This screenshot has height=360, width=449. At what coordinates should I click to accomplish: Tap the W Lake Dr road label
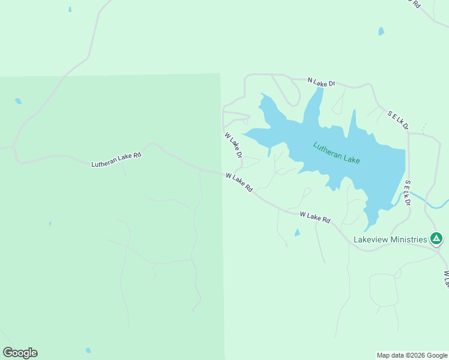[x=233, y=145]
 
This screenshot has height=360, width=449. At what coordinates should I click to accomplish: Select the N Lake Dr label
[x=321, y=82]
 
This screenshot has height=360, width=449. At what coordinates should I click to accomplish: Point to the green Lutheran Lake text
[x=336, y=152]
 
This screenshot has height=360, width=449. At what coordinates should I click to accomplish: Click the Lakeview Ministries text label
[x=390, y=239]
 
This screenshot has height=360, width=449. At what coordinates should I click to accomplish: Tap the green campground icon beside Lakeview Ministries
[x=437, y=239]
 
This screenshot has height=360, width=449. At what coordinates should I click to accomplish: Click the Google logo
[x=20, y=353]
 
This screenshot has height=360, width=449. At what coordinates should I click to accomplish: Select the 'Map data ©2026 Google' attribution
[x=412, y=355]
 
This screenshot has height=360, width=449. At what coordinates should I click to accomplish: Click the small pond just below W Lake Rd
[x=297, y=233]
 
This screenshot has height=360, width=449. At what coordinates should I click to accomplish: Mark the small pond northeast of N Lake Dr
[x=381, y=31]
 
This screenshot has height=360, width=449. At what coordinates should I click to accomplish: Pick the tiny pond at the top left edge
[x=70, y=10]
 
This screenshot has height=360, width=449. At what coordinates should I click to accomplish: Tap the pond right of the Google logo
[x=88, y=350]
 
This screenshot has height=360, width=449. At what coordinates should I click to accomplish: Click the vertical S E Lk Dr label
[x=407, y=193]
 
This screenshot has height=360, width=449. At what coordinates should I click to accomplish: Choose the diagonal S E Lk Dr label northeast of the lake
[x=397, y=120]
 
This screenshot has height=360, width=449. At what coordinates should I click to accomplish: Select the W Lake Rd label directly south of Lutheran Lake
[x=315, y=217]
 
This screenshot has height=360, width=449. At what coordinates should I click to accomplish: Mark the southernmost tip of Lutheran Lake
[x=368, y=229]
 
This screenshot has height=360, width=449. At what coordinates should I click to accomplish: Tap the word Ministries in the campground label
[x=408, y=239]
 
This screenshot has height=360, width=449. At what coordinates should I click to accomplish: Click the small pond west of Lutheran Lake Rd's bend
[x=19, y=101]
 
